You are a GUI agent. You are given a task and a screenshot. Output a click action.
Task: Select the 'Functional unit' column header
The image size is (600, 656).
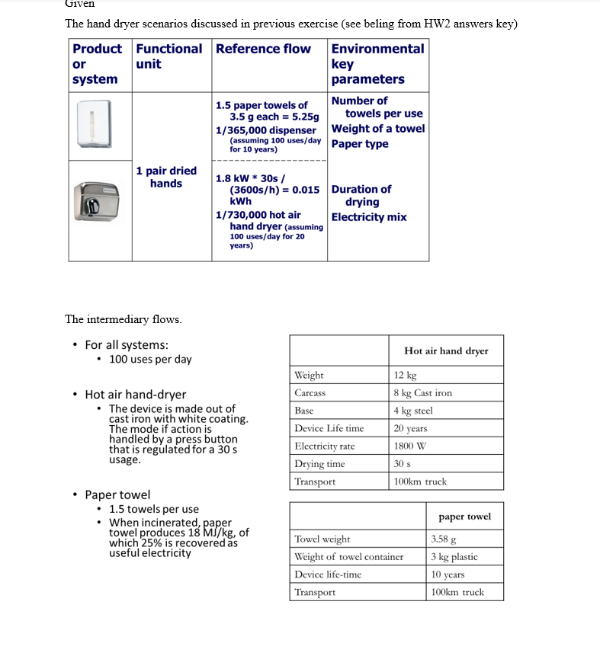point(168,56)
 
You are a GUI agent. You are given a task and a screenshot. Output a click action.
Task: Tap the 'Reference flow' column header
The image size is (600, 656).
point(263,49)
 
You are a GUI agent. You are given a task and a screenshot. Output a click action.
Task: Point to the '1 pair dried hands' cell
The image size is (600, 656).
point(166,177)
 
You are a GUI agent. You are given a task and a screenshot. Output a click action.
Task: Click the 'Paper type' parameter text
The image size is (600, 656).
point(360,144)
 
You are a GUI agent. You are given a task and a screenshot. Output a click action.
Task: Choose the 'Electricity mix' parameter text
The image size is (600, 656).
point(369,217)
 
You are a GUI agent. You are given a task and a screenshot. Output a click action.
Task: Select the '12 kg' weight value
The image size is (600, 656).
point(405,375)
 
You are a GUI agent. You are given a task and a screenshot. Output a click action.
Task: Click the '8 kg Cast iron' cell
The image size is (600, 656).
point(422,393)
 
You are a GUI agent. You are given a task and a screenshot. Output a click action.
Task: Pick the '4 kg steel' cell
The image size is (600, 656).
point(413,411)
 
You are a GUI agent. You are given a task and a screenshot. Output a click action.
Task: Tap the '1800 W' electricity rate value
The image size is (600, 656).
point(409,446)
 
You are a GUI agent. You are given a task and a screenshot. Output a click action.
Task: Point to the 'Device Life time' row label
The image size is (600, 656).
point(329,428)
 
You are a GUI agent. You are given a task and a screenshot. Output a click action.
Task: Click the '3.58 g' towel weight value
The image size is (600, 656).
point(443,539)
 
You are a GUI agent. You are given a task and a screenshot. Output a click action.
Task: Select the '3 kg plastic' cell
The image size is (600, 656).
point(454,557)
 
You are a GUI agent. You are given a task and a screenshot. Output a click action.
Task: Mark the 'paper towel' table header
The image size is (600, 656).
point(464,517)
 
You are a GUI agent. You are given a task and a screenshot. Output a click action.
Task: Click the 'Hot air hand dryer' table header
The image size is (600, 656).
point(446,350)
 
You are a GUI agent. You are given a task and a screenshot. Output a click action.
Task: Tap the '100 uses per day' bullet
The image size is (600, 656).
point(150,359)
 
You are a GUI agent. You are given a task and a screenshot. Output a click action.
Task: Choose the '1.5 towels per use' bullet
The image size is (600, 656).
point(153,509)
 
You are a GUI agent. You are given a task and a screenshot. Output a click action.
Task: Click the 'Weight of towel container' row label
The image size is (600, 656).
point(348,557)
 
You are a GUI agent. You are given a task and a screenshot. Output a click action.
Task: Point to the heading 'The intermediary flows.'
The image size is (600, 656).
point(124,319)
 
